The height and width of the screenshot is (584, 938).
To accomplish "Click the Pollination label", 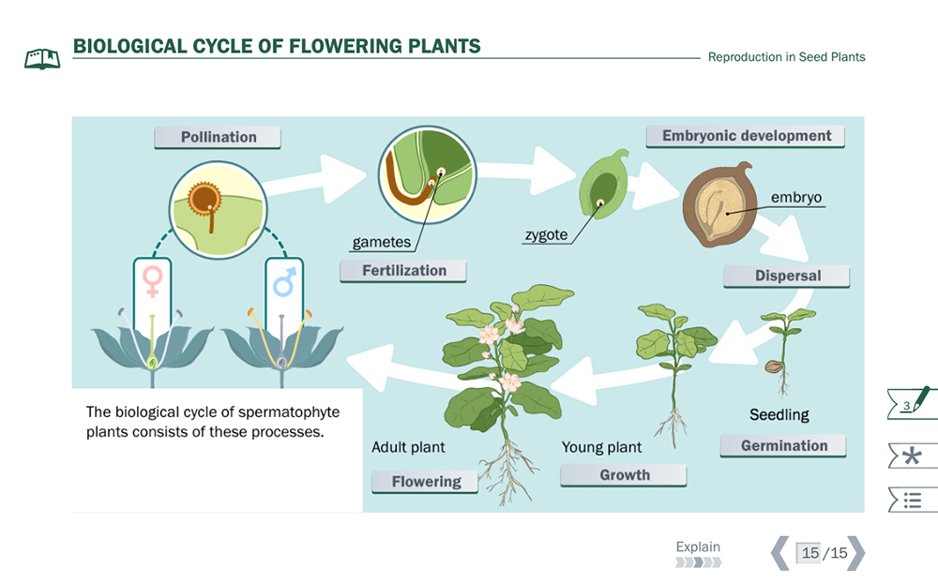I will point(218,137).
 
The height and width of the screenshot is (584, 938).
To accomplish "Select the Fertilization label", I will point(404,271).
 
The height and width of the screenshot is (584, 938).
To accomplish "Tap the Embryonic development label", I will point(746,136).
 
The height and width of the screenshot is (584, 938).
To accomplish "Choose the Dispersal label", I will point(787,276).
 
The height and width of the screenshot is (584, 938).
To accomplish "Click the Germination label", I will point(783,446).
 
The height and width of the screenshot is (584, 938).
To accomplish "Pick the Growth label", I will point(624,475).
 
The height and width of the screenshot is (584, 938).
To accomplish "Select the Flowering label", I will point(426,482).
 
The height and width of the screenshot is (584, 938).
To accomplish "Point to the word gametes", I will point(381,242).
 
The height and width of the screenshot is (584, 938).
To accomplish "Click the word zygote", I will point(546,234).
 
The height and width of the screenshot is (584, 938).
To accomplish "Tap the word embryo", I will point(795,198).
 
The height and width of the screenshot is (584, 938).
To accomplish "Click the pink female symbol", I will point(152,279).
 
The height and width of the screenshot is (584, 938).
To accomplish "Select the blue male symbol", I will point(284,280).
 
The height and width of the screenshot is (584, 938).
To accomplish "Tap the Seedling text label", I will point(779,414).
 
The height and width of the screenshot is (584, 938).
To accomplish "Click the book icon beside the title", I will point(42,58).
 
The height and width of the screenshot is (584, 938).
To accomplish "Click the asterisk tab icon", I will point(911,457).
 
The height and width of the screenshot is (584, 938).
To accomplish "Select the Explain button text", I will point(698,547).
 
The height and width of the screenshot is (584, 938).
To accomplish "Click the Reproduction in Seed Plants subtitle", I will point(786,57).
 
